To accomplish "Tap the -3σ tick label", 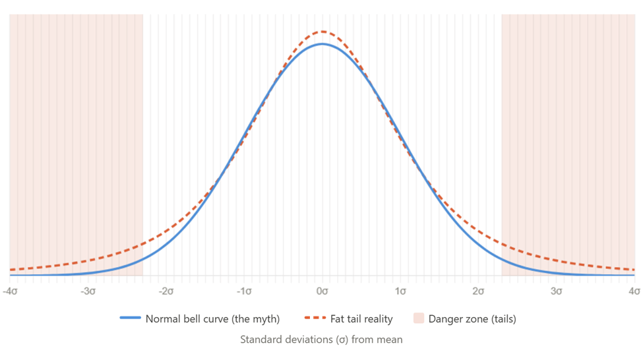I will coord(88,290).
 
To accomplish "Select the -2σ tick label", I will coord(166,290).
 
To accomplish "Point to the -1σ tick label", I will coord(244,290).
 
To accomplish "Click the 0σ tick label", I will coord(322,290).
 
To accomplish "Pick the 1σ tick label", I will coord(400,290).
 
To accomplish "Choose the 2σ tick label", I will coord(478,290).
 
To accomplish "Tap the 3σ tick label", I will coord(557,290).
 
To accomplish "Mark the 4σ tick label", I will coord(634,290).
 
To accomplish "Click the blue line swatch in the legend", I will coord(131,319).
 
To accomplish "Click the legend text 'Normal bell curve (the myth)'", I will coord(212,319).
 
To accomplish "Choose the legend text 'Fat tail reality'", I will coord(361,319).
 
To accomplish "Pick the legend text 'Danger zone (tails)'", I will coord(472,319).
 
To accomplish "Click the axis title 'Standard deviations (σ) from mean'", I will coord(321,340).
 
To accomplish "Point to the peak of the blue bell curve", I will coord(322,44).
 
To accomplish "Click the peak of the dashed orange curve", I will coord(322,31).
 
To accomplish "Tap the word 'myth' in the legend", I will coord(265,319).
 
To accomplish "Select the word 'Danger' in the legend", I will coord(444,319).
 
